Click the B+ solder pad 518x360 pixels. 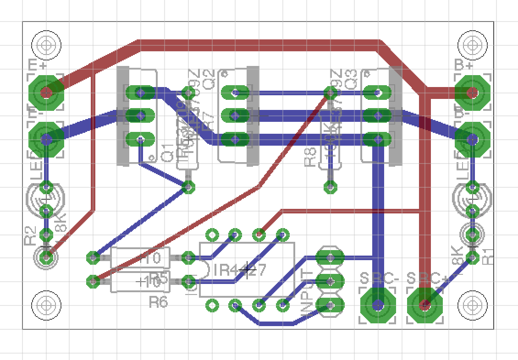tap(472, 93)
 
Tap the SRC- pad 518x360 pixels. tap(378, 304)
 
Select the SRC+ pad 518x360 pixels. tap(424, 304)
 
